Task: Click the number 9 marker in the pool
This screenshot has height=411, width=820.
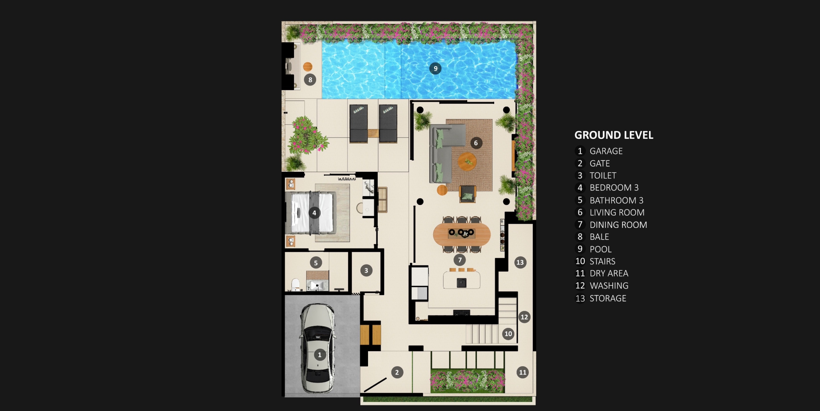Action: click(x=435, y=68)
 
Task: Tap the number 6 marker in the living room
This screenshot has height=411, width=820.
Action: click(x=476, y=143)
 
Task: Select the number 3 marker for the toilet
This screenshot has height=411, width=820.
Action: click(x=366, y=270)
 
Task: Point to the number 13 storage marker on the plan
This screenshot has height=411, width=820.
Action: click(x=520, y=262)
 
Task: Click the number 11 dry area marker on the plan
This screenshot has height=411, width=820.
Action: click(x=523, y=372)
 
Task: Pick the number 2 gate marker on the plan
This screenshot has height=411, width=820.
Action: click(x=397, y=372)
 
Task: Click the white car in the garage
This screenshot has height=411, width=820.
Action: click(x=318, y=348)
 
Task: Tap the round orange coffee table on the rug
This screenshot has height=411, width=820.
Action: click(x=467, y=162)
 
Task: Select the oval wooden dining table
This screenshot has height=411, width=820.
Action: click(x=462, y=234)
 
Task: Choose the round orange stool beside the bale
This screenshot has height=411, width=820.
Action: click(x=308, y=67)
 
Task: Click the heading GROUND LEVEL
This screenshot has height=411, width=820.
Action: click(x=614, y=135)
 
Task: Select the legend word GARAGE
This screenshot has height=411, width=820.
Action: click(x=606, y=151)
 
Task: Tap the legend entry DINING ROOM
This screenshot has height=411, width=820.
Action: click(x=618, y=225)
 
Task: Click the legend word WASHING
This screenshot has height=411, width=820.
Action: click(x=609, y=286)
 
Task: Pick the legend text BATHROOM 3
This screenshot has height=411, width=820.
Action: click(x=616, y=200)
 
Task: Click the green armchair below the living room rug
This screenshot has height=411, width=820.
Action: click(x=468, y=194)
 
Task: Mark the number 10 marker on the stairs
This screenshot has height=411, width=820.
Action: click(x=508, y=334)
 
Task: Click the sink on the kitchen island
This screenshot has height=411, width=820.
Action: click(x=462, y=283)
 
